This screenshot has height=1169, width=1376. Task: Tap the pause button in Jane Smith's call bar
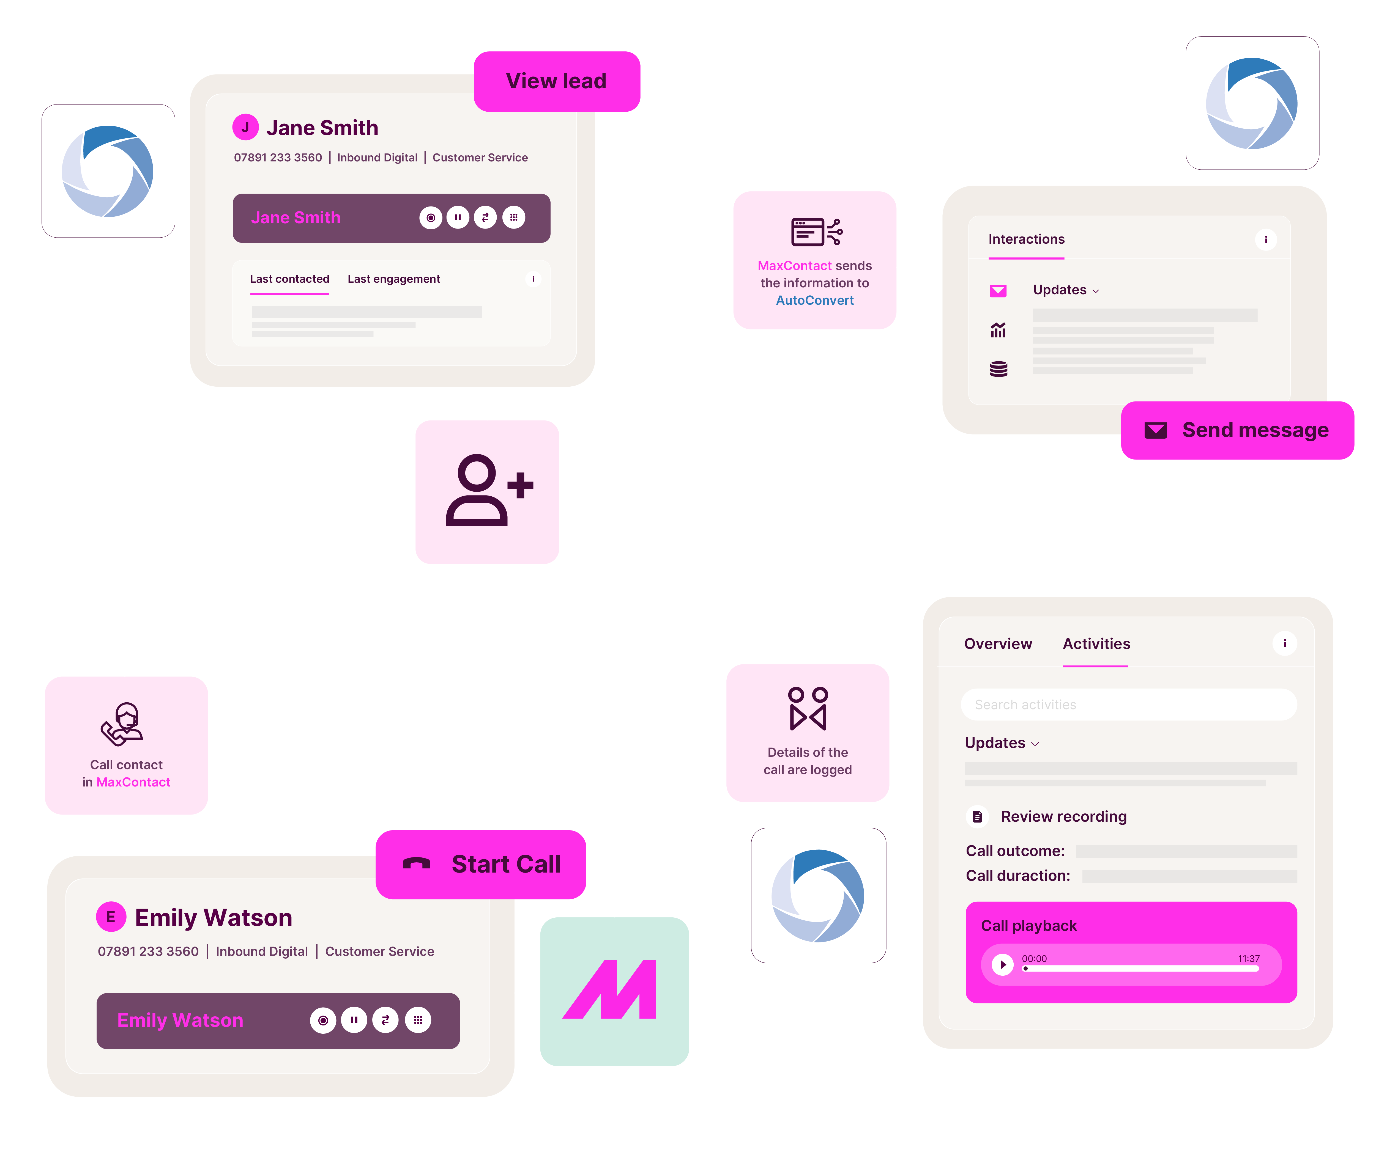point(458,217)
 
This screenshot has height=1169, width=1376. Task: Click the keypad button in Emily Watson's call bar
point(418,1020)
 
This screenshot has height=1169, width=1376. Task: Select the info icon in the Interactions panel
point(1265,239)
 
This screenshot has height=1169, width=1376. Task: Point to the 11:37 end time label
point(1248,958)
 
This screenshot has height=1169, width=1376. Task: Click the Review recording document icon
point(977,816)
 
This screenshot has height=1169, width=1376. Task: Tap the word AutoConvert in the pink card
point(814,300)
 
